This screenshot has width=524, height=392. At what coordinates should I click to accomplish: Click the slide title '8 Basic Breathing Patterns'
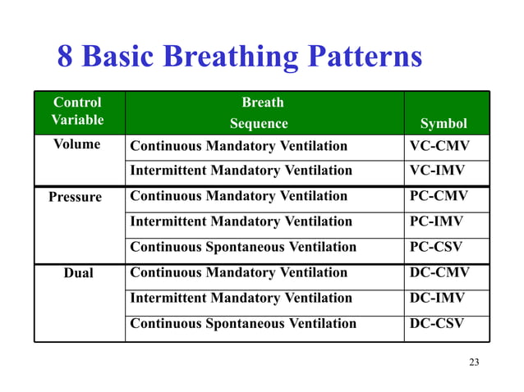pyautogui.click(x=239, y=57)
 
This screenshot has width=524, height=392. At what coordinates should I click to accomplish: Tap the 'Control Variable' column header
pyautogui.click(x=78, y=112)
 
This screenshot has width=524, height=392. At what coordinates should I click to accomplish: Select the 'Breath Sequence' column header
pyautogui.click(x=261, y=112)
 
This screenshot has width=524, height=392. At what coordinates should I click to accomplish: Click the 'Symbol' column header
pyautogui.click(x=444, y=123)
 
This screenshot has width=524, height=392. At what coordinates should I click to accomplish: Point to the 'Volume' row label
pyautogui.click(x=78, y=145)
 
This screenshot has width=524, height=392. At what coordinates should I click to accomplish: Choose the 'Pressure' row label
pyautogui.click(x=76, y=198)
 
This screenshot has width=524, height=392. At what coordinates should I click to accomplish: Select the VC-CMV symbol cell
pyautogui.click(x=436, y=146)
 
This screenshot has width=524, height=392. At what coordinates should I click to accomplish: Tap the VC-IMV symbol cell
pyautogui.click(x=436, y=171)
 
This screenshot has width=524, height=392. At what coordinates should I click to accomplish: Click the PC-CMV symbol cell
pyautogui.click(x=436, y=197)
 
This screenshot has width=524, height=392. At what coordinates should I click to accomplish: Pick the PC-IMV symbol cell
pyautogui.click(x=436, y=221)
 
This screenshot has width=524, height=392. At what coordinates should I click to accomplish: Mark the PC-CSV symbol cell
pyautogui.click(x=436, y=247)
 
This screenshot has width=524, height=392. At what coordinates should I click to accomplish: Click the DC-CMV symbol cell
pyautogui.click(x=436, y=272)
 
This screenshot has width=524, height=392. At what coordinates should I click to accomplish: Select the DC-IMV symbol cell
pyautogui.click(x=436, y=298)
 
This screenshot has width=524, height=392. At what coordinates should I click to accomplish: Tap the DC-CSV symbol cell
pyautogui.click(x=436, y=323)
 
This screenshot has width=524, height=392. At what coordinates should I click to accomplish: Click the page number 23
pyautogui.click(x=473, y=362)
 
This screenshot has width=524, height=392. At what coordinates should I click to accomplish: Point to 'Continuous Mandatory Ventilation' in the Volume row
pyautogui.click(x=239, y=146)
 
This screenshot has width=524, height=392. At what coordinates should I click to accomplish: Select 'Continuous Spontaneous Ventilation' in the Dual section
pyautogui.click(x=243, y=323)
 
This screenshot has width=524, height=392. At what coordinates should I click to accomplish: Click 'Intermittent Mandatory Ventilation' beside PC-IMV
pyautogui.click(x=241, y=221)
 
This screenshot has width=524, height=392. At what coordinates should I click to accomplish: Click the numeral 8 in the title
pyautogui.click(x=66, y=57)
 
